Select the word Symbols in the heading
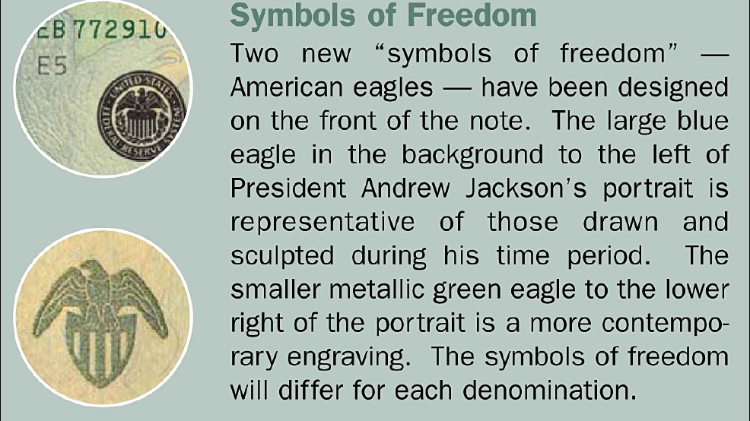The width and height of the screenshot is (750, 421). tap(293, 15)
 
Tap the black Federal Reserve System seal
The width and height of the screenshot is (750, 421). tap(141, 116)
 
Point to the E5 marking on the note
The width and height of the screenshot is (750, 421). tap(52, 65)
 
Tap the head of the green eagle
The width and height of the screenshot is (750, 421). tap(94, 271)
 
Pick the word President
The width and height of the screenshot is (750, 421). tap(288, 188)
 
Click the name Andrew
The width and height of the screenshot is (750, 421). tap(405, 188)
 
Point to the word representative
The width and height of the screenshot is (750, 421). tap(323, 223)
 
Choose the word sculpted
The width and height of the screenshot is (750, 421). tap(282, 256)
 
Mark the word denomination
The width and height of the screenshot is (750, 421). tap(550, 391)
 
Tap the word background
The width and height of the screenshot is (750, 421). tap(472, 155)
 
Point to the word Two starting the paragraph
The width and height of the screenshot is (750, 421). tap(255, 53)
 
